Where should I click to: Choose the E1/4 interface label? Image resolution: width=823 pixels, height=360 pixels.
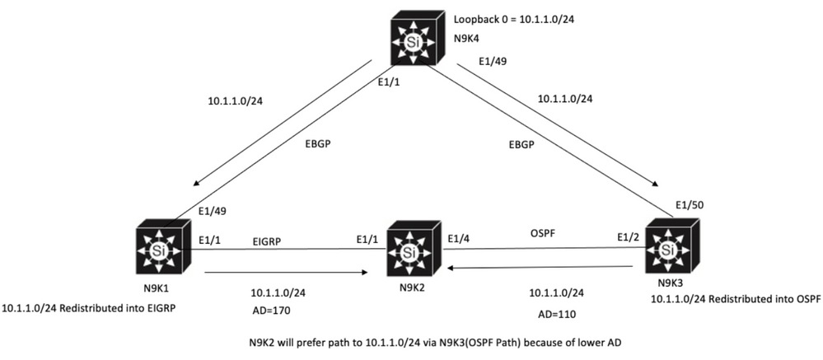tap(459, 239)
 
